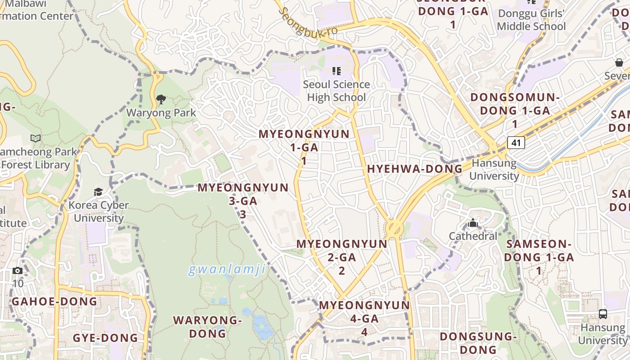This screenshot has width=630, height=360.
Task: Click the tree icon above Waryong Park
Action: pos(161,99)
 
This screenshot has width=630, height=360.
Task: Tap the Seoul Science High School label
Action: pos(336,91)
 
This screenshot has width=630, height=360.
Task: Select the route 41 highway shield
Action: pos(516,143)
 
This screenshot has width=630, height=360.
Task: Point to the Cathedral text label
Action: pos(473,236)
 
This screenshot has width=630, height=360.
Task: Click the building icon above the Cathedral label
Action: pos(472,223)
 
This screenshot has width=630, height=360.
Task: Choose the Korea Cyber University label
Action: pos(99,211)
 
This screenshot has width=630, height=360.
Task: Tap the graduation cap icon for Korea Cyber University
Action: pos(98,192)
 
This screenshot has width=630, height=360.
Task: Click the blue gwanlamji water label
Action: pos(227,270)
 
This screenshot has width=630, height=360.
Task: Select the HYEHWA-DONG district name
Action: pos(414,169)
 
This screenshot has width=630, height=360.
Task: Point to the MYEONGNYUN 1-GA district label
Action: pos(304,147)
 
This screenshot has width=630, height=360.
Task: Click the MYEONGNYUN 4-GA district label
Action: pos(364,318)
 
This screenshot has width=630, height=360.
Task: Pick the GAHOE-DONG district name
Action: pos(54,301)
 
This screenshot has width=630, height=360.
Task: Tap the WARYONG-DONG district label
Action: pos(207,327)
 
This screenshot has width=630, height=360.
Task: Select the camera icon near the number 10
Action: pos(18,270)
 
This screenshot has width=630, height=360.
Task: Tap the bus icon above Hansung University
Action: pos(603,314)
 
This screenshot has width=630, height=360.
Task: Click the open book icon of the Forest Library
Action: pos(36,138)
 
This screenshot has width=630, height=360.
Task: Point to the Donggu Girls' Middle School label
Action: pos(531,20)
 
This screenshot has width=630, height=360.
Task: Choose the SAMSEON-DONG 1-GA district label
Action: pos(539,257)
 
